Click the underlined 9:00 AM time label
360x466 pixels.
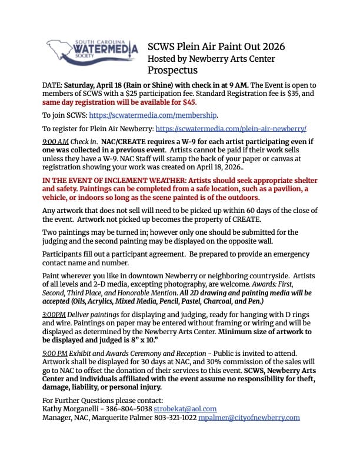pos(56,142)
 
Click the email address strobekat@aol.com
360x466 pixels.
pos(186,408)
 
